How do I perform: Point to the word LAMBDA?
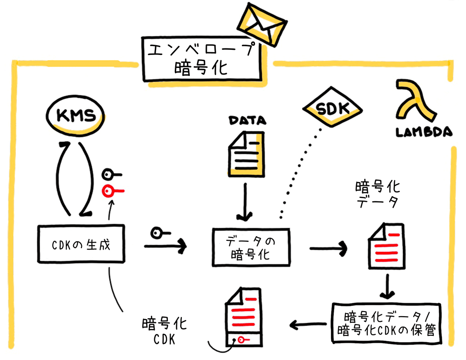[x=424, y=132]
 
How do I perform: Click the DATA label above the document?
[x=247, y=121]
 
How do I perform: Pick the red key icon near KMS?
[x=112, y=190]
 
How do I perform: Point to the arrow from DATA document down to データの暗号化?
[x=245, y=201]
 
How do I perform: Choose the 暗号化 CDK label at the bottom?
[x=164, y=331]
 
